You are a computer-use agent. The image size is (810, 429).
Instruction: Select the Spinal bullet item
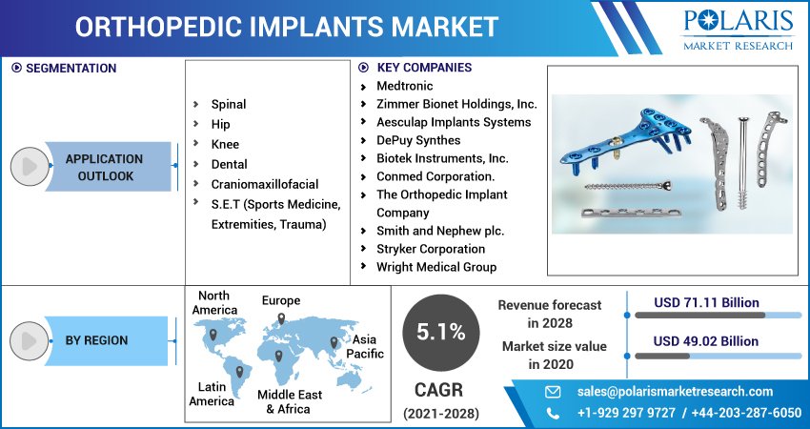click(229, 104)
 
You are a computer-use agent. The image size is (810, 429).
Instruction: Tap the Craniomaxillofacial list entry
click(264, 184)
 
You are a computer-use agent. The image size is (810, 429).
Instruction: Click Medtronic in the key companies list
click(406, 86)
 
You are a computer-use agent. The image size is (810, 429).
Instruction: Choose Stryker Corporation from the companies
click(430, 249)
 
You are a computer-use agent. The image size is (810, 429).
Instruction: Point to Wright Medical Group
click(435, 267)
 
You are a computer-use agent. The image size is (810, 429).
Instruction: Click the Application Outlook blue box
click(105, 167)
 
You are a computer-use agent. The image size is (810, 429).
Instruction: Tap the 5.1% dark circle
click(440, 332)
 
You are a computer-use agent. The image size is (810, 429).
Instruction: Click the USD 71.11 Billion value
click(706, 302)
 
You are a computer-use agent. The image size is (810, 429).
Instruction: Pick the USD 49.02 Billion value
click(706, 341)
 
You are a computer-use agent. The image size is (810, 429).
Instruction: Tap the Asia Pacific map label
click(365, 346)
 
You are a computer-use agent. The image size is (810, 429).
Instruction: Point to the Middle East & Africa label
click(289, 401)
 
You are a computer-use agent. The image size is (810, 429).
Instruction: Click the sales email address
click(675, 391)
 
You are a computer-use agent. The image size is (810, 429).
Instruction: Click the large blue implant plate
click(619, 143)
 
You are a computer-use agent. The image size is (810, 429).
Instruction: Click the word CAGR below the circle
click(440, 390)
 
